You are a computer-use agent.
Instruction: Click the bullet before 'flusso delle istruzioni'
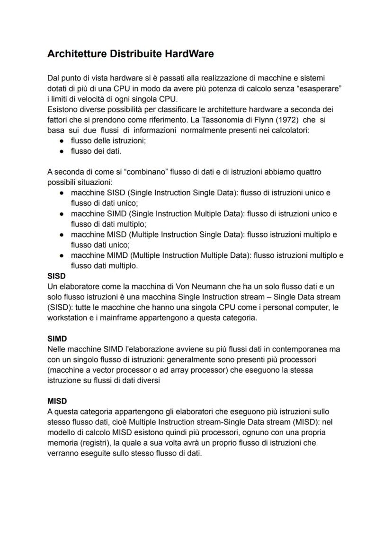point(62,141)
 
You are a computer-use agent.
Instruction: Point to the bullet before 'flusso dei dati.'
point(62,151)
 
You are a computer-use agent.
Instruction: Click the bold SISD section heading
point(56,276)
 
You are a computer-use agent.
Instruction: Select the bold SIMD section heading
point(57,339)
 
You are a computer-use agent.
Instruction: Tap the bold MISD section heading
point(57,401)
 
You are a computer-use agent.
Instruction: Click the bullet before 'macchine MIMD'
point(62,255)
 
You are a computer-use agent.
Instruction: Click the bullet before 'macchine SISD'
point(62,193)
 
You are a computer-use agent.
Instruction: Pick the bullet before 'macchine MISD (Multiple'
point(62,235)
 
